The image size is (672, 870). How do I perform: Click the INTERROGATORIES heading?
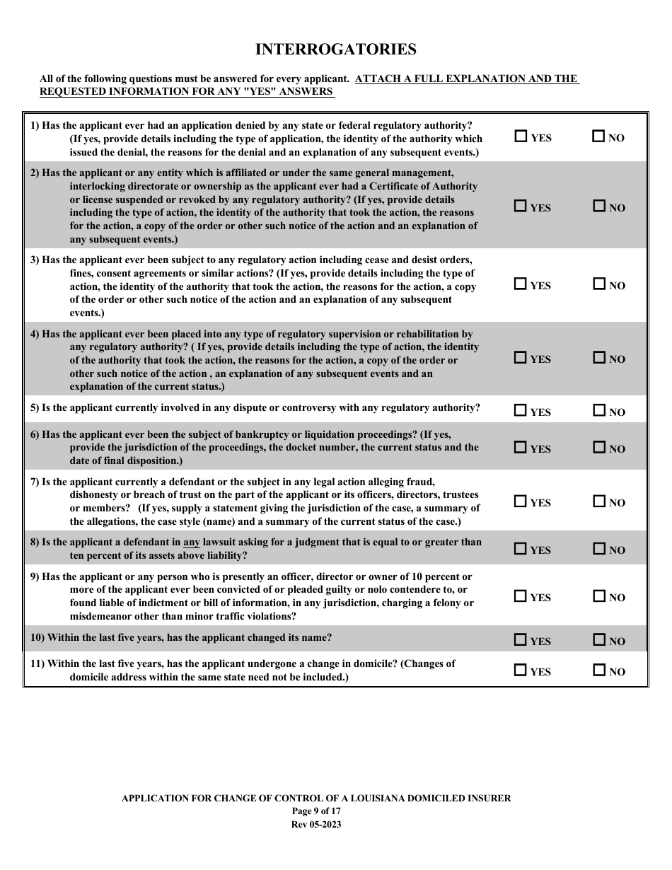(x=335, y=50)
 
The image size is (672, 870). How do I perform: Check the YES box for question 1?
(x=521, y=137)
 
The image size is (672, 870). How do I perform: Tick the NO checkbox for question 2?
(x=599, y=207)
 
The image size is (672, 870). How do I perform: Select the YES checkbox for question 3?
(x=521, y=284)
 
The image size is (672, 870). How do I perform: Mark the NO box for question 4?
(x=599, y=358)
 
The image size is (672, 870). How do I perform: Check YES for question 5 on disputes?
(x=521, y=410)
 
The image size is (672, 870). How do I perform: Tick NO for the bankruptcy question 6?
(x=599, y=448)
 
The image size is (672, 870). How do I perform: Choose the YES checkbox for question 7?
(x=521, y=501)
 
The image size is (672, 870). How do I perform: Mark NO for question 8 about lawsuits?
(x=599, y=549)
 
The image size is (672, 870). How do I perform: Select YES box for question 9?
(x=521, y=596)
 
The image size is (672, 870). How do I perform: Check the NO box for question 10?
(x=599, y=640)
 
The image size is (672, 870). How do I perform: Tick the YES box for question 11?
(x=521, y=670)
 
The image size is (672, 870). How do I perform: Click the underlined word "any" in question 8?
(x=192, y=543)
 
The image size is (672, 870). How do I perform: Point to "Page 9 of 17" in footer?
(x=316, y=811)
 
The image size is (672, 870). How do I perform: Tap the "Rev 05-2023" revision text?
(x=316, y=824)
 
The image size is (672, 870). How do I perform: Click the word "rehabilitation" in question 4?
(x=422, y=334)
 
